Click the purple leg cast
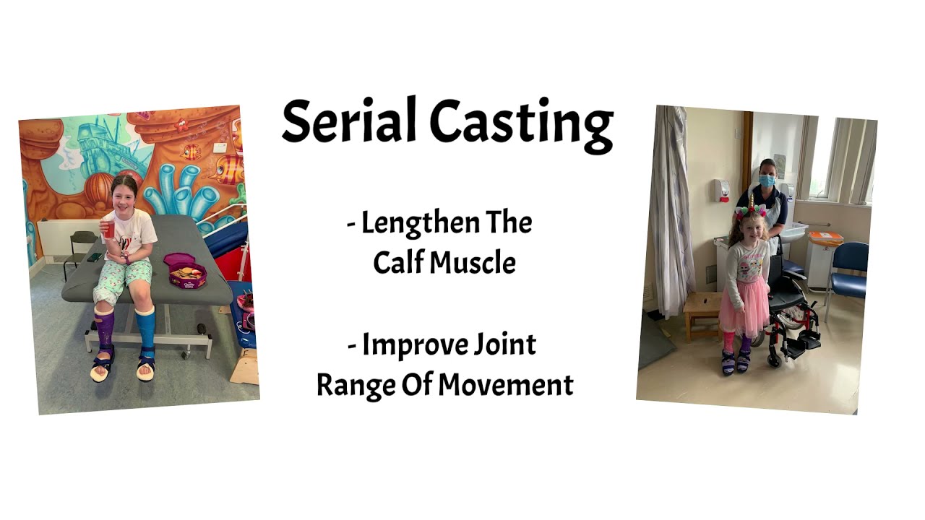pos(105,332)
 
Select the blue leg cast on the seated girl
pos(145,329)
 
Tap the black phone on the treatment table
pos(95,257)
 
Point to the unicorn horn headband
pos(750,204)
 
